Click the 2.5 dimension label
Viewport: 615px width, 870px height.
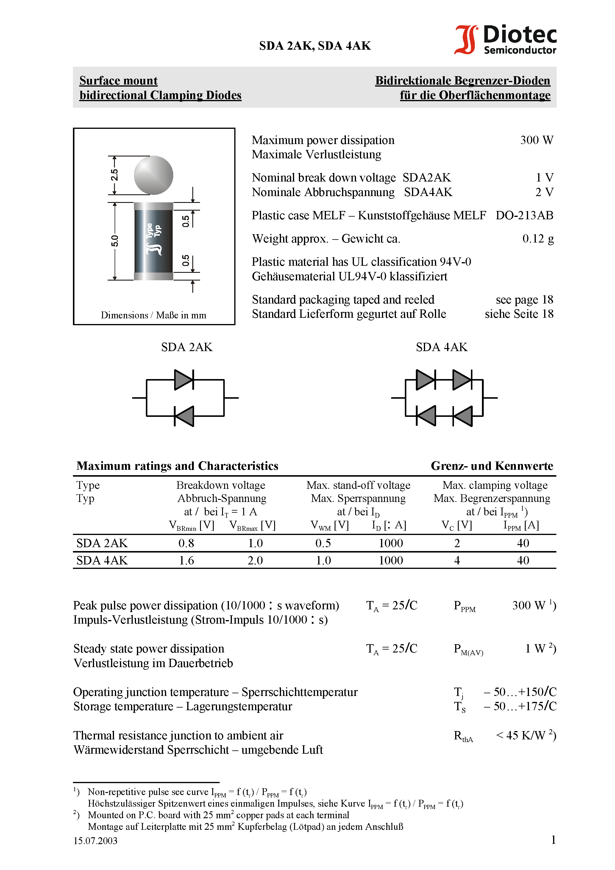[114, 175]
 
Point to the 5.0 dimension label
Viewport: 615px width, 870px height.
[114, 241]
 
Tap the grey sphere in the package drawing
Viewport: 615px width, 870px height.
[154, 175]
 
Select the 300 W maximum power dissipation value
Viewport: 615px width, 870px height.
[536, 140]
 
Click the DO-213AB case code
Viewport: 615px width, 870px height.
[525, 215]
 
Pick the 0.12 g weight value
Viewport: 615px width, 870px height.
[538, 238]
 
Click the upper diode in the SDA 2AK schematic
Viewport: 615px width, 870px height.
[184, 379]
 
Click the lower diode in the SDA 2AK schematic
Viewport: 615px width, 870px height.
[184, 416]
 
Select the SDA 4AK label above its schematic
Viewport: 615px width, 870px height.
[441, 347]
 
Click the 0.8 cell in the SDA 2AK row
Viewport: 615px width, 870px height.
[186, 543]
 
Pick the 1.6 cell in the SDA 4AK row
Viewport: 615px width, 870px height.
[186, 561]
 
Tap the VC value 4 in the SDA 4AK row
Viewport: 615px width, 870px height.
[457, 561]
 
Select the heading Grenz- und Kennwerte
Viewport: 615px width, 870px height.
[492, 466]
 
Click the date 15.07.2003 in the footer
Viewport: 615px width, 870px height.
[95, 841]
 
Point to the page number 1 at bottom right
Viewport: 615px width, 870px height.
[553, 840]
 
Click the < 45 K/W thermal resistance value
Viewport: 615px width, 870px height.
[525, 736]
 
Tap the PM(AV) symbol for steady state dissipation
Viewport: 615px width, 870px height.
[468, 650]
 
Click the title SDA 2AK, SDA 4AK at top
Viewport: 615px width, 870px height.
[315, 46]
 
